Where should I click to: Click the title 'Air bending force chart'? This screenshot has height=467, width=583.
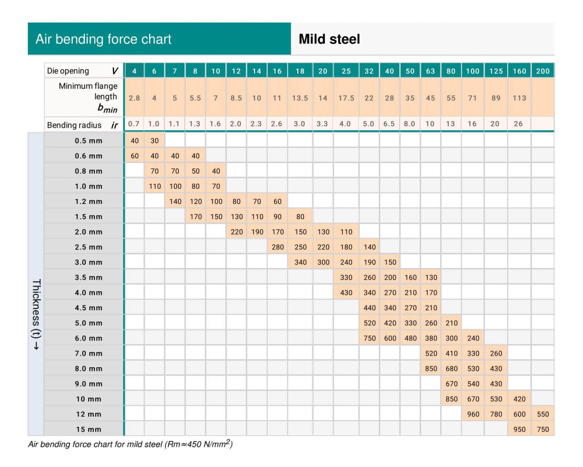pos(103,39)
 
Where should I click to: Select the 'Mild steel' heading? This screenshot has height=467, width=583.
pos(329,39)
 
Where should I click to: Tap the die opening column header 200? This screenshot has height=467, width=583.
pos(543,71)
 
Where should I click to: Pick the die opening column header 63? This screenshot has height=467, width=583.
pos(430,71)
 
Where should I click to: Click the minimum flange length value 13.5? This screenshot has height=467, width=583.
pos(300,98)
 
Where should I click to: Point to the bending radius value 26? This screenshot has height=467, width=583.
pos(518,124)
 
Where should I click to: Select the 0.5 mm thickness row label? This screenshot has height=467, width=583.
pos(88,141)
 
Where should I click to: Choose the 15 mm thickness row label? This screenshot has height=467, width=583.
pos(88,429)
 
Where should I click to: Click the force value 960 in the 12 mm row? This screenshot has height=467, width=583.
pos(473,414)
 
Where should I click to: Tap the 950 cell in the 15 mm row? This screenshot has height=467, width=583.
pos(519,429)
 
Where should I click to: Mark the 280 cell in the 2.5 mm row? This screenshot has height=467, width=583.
pos(277,247)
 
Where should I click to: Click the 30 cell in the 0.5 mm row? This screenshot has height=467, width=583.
pos(154,141)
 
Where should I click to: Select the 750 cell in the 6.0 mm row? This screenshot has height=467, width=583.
pos(369,338)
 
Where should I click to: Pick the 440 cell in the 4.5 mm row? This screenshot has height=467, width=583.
pos(369,308)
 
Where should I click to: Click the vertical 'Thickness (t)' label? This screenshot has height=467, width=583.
pos(36,315)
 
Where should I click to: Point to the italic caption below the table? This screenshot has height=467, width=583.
pos(130,444)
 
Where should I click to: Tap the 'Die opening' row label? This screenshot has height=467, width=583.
pos(68,71)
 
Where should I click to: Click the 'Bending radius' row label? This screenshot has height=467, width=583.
pos(74,125)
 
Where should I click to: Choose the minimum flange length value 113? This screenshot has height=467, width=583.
pos(519,98)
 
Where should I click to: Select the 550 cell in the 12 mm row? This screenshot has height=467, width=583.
pos(543,414)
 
